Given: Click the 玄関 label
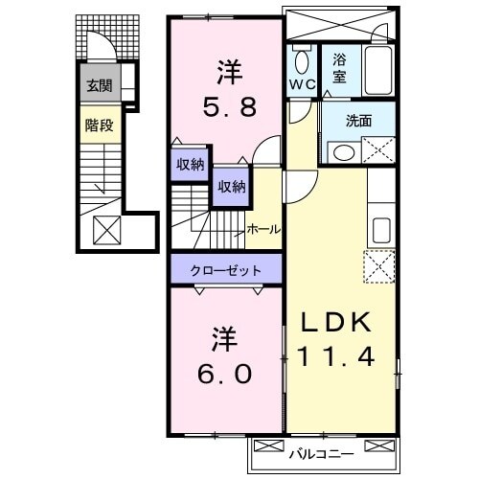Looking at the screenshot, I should coord(99,86).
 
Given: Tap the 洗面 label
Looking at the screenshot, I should coord(359,121).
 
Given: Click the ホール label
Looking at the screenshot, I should coord(263,230).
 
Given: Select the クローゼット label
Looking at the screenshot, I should coord(227,269).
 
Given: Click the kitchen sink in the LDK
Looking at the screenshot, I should coord(380,230).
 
